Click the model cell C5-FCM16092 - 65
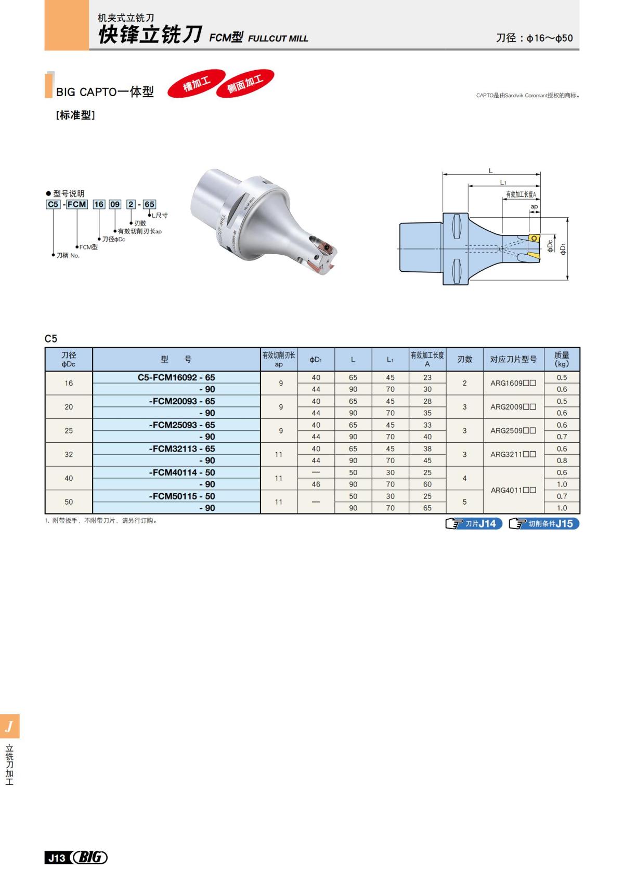tap(176, 377)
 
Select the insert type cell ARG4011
tap(513, 490)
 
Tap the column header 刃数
tap(464, 359)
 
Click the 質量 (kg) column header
tap(562, 359)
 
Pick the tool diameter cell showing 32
tap(69, 454)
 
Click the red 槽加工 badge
tap(197, 83)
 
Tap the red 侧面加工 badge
tap(245, 83)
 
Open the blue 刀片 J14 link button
tap(474, 523)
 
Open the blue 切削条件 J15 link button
tap(544, 523)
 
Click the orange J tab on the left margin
tap(9, 726)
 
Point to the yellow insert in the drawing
tap(534, 238)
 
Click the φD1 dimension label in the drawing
tap(563, 248)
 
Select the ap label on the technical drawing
tap(534, 207)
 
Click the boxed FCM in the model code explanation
tap(77, 204)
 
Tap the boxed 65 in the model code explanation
tap(149, 204)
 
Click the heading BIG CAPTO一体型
tap(105, 92)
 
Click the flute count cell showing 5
tap(464, 502)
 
